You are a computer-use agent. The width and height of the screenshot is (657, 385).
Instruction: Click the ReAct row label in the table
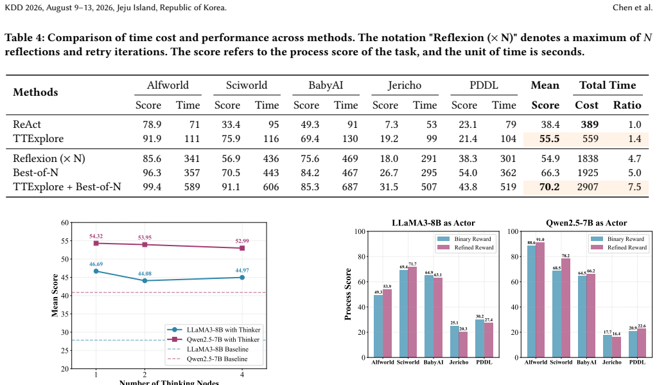coord(27,125)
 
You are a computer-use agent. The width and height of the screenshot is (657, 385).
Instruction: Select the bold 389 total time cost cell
coord(590,125)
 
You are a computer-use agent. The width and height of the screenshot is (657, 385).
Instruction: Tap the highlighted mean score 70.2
coord(549,186)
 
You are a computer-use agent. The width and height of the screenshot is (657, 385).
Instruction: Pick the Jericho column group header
coord(405,85)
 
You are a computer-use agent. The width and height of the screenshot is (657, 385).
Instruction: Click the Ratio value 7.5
coord(635,186)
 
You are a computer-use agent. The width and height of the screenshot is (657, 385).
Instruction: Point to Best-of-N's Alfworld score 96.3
coord(152,172)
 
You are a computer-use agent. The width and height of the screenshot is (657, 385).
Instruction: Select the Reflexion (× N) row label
coord(49,159)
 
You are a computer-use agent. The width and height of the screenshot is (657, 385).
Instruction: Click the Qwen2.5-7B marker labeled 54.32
coord(96,243)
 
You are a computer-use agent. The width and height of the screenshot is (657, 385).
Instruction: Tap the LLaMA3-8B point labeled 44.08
coord(145,281)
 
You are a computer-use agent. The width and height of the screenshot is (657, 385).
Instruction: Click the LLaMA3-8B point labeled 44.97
coord(242,277)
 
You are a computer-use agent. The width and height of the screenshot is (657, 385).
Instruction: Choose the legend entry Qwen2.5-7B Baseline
coord(207,359)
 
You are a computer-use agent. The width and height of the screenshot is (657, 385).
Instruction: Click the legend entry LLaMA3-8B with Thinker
coord(214,330)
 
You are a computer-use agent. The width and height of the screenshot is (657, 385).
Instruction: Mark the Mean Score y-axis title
coord(55,295)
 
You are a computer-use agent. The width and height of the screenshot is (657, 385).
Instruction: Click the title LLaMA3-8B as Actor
coord(434,223)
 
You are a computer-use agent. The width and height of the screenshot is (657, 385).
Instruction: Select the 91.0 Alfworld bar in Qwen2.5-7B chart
coord(540,300)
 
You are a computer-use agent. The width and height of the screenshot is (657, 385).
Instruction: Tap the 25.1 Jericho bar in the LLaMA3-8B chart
coord(454,341)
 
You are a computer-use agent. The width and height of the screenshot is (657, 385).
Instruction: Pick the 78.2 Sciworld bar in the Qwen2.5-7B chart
coord(566,308)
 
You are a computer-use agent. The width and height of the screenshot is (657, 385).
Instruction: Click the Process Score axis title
coord(348,294)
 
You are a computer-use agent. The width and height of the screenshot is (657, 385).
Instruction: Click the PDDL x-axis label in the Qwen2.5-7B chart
coord(637,362)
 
